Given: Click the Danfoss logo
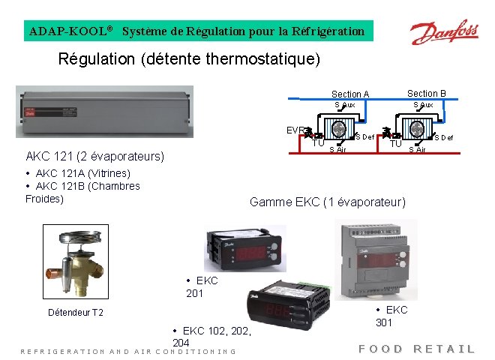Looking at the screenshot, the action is [x=443, y=33].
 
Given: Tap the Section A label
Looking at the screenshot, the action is [x=350, y=94].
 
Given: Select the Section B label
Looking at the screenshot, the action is [x=426, y=94].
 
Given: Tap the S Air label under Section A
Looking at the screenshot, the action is [x=338, y=150].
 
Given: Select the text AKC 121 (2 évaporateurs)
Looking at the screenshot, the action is [x=95, y=157].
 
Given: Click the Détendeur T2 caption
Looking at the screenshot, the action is [x=75, y=312].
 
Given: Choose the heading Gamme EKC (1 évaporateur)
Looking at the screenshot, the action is [x=327, y=202].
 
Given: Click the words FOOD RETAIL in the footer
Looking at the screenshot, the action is [x=416, y=349].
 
